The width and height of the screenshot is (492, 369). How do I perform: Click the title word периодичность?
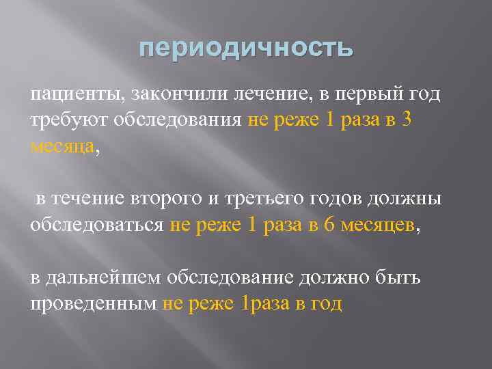(246, 49)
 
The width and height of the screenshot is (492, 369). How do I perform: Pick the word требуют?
(66, 120)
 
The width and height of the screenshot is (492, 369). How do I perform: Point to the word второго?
(172, 199)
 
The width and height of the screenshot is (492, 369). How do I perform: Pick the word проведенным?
(94, 303)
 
